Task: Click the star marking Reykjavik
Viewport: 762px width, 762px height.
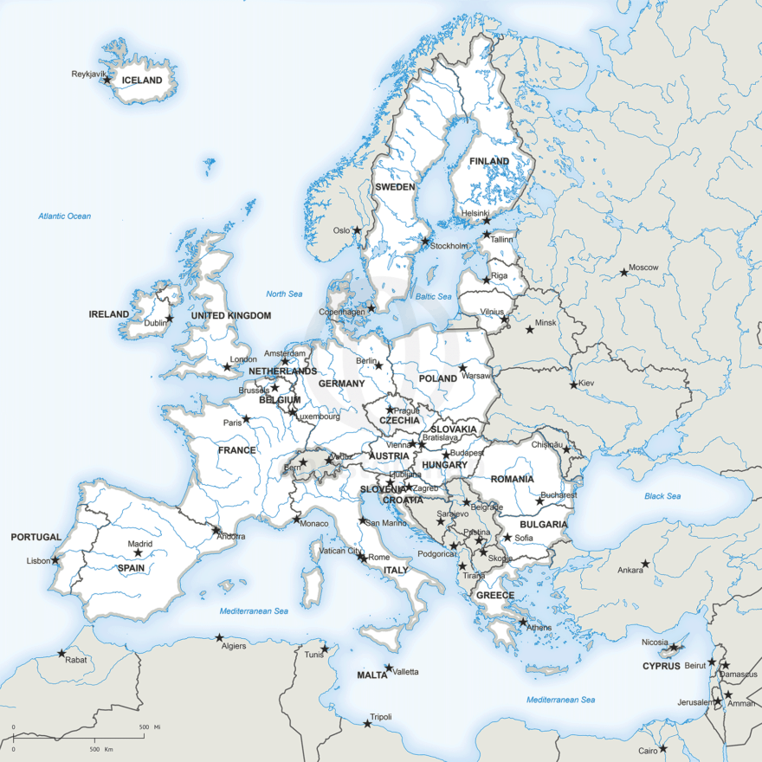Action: coord(107,80)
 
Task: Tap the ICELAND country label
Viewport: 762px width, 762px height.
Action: coord(142,81)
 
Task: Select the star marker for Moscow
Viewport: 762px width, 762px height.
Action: coord(623,273)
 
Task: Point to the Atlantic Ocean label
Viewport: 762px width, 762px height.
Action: coord(64,216)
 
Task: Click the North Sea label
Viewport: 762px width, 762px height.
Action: coord(284,294)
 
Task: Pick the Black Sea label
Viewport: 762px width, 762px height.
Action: coord(662,496)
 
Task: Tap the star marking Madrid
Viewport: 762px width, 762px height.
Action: coord(138,552)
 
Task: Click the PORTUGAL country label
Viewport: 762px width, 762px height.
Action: coord(36,537)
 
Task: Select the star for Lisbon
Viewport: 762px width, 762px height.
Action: coord(55,559)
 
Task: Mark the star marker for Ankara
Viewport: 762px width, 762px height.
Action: coord(645,564)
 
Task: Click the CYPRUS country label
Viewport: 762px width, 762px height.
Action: coord(662,666)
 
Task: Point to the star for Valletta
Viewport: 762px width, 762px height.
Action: coord(389,668)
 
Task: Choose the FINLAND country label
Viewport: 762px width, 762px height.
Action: coord(489,162)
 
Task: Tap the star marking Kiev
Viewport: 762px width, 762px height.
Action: coord(573,384)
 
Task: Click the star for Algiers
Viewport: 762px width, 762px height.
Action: coord(219,639)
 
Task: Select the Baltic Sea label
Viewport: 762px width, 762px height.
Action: coord(434,296)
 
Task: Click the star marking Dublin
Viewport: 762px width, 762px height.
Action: coord(170,319)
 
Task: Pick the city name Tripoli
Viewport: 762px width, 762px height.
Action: coord(381,717)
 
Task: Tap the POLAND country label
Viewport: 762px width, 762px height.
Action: coord(438,378)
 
